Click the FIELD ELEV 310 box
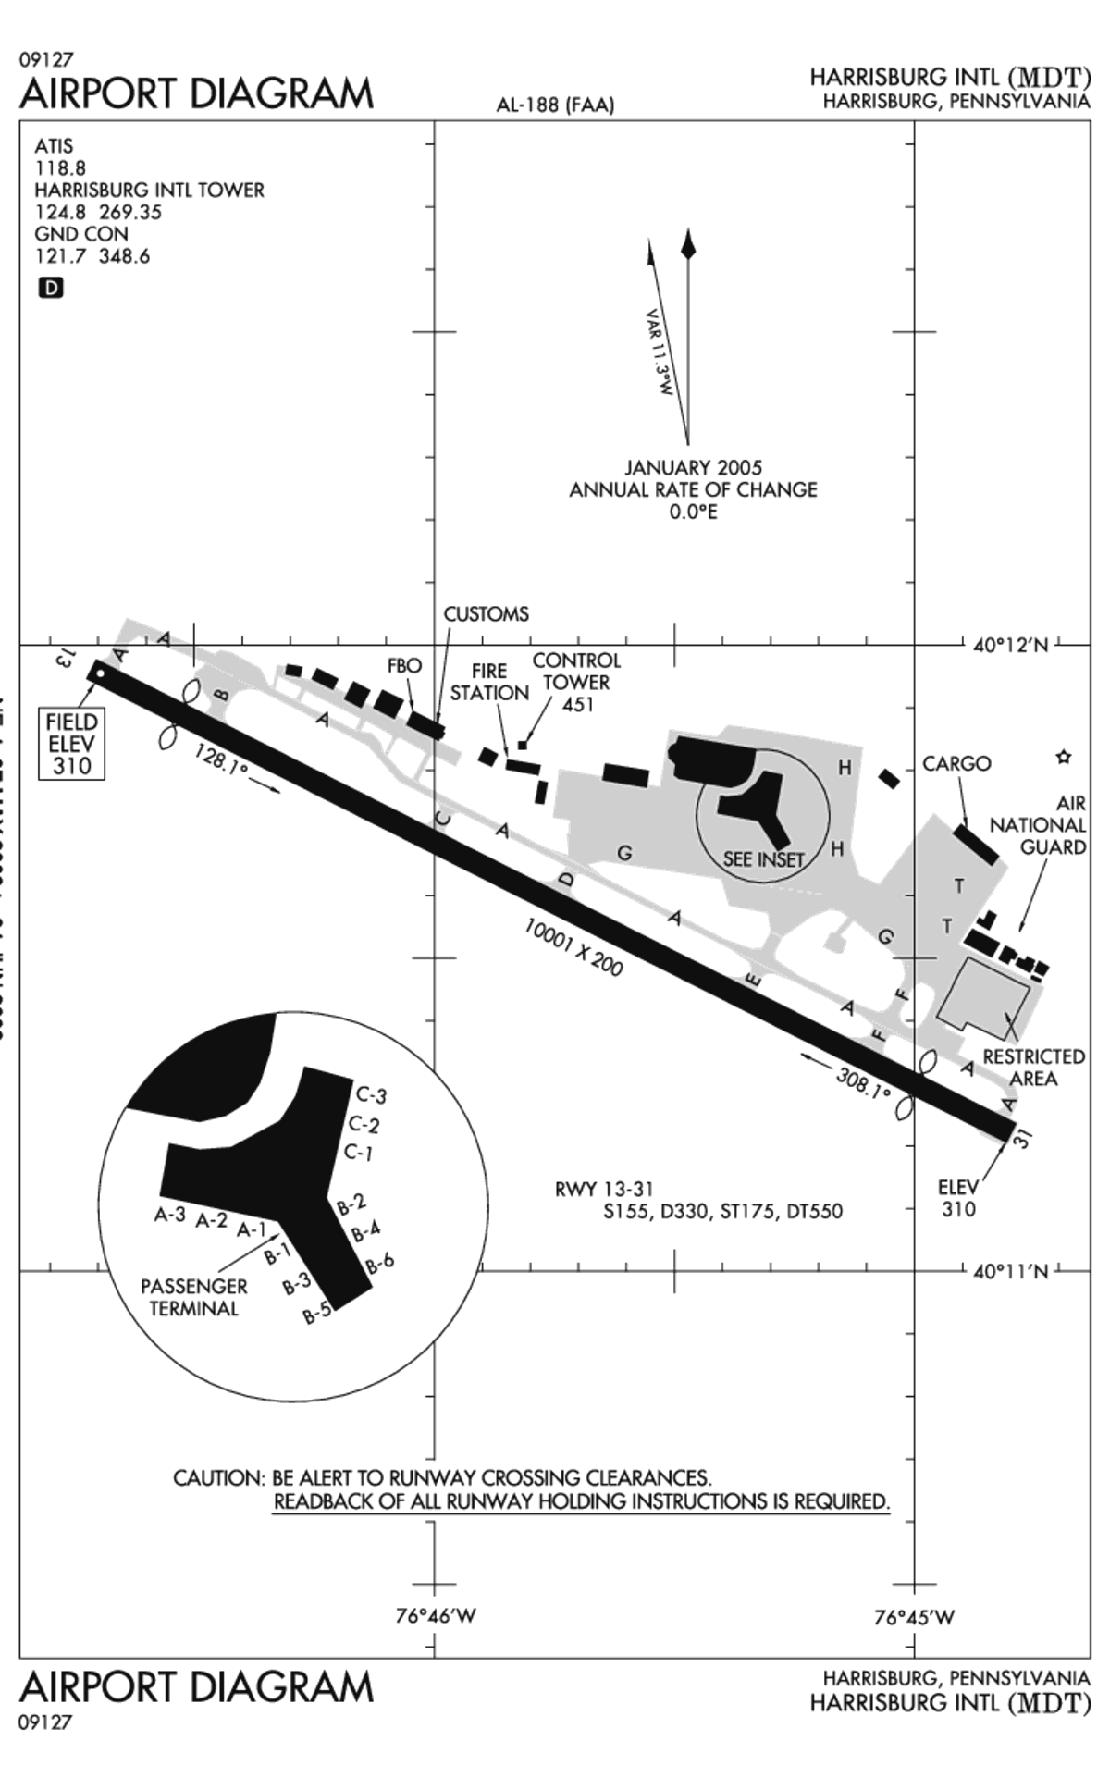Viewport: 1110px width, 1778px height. [x=71, y=744]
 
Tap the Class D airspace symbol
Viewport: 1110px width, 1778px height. [x=51, y=288]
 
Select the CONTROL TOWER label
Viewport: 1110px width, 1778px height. [x=575, y=682]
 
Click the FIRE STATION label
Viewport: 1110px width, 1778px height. [x=489, y=682]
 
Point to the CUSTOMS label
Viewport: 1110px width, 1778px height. [x=486, y=614]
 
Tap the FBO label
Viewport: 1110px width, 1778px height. [x=404, y=665]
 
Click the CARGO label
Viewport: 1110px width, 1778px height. [x=956, y=763]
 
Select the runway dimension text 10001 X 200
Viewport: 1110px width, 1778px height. [x=573, y=946]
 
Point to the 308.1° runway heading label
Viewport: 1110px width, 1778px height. [x=863, y=1080]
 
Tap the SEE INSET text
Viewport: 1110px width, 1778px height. [x=763, y=858]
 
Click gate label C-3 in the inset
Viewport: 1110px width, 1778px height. [x=371, y=1095]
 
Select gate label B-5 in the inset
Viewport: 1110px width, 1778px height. [x=317, y=1313]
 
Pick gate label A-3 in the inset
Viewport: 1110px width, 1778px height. [x=170, y=1215]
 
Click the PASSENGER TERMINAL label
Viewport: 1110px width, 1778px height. [x=193, y=1297]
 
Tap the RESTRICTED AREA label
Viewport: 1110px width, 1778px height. [x=1033, y=1068]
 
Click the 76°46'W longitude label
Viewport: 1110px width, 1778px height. [x=436, y=1616]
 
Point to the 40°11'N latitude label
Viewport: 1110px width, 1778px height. [x=1011, y=1271]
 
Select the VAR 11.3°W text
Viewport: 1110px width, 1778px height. [x=659, y=352]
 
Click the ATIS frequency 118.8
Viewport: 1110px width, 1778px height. [x=60, y=167]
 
